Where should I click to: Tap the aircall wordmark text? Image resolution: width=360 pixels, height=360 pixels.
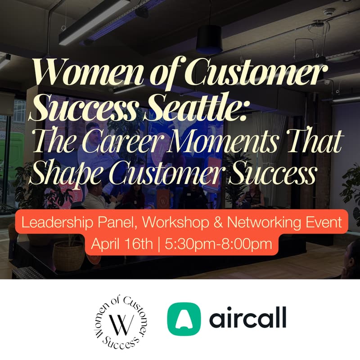[247, 319]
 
